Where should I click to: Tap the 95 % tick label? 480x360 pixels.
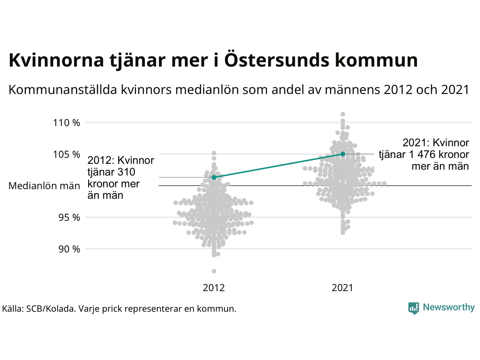coord(69,217)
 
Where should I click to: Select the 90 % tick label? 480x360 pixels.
coord(69,249)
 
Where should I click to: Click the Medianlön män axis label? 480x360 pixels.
coord(44,186)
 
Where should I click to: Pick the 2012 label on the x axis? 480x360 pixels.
coord(214,288)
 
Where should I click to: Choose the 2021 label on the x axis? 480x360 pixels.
coord(342,288)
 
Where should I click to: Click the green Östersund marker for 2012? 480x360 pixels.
coord(214,177)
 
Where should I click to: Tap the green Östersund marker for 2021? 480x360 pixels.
coord(343,154)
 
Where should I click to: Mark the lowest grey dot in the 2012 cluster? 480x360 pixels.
coord(214,271)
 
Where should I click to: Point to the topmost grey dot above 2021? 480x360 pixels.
coord(343,114)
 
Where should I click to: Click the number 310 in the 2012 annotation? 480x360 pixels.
coord(126,172)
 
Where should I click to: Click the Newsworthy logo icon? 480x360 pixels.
coord(414,308)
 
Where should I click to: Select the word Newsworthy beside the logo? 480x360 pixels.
coord(448,307)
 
